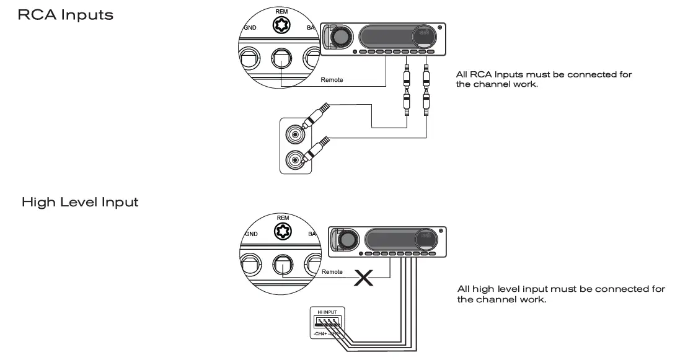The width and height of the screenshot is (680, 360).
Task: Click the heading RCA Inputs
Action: tap(66, 15)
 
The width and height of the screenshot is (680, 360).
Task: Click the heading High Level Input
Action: tap(80, 202)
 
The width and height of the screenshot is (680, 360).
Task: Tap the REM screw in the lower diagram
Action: tap(283, 230)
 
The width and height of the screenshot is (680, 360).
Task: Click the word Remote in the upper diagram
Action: tap(332, 80)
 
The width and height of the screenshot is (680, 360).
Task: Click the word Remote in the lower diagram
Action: tap(332, 272)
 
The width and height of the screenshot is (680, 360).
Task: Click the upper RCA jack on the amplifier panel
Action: tap(294, 133)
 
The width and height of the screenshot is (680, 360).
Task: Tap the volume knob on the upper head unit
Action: tap(339, 38)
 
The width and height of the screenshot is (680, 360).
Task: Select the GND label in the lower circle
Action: tap(251, 234)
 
